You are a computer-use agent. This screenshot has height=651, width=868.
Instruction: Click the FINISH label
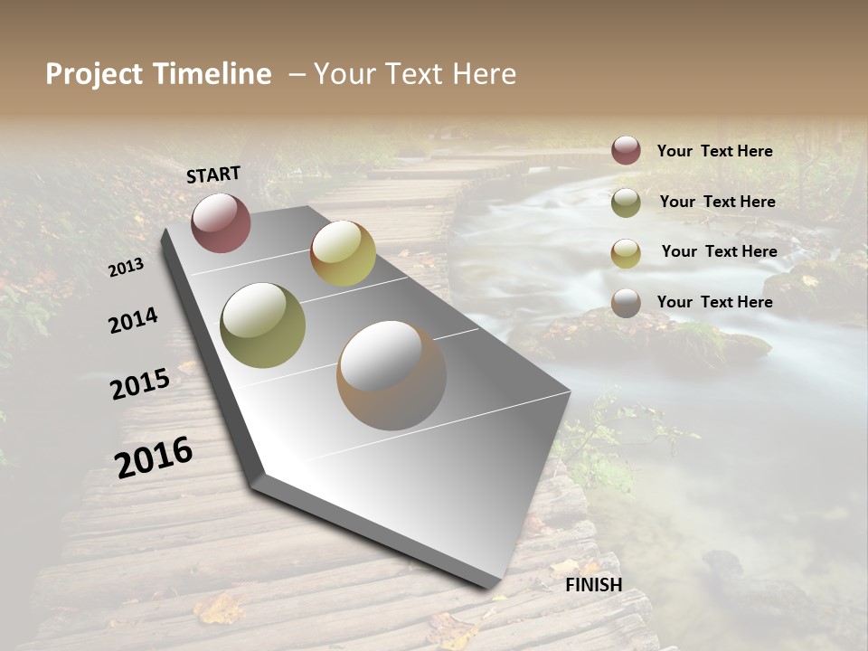pos(593,584)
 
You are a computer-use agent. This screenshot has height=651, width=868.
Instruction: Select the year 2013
pos(127,267)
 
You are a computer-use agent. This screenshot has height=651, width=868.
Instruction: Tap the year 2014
pos(133,320)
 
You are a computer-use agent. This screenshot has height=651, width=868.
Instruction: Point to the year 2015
pos(140,383)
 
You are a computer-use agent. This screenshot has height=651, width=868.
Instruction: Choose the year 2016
pos(154,457)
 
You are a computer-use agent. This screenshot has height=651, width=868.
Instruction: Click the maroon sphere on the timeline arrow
pos(221,222)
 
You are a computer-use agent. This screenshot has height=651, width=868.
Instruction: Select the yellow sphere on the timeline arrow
pos(343,253)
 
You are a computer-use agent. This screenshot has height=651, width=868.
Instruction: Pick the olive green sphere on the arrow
pos(262,325)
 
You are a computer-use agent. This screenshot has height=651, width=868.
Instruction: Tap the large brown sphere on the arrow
pos(392,375)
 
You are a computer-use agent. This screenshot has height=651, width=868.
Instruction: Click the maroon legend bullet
pos(626,150)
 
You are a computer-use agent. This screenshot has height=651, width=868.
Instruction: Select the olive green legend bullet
pos(626,203)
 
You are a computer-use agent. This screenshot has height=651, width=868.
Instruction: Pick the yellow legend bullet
pos(626,253)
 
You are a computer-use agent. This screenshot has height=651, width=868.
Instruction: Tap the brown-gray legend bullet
pos(626,303)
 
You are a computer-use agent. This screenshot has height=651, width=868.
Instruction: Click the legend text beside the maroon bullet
pos(714,151)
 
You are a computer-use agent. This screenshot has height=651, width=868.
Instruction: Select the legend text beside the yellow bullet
pos(719,251)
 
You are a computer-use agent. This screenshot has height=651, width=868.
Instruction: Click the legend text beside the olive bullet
pos(717,202)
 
